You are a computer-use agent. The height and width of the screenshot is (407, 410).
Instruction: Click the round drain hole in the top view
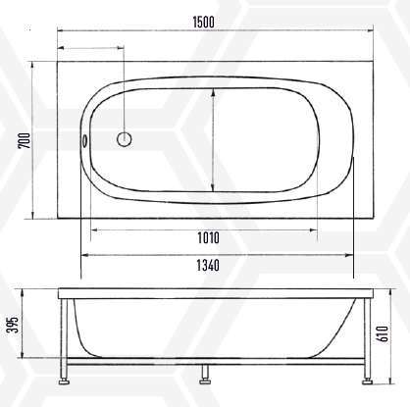(x=125, y=139)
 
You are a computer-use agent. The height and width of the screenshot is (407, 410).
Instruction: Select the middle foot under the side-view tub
(x=206, y=374)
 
